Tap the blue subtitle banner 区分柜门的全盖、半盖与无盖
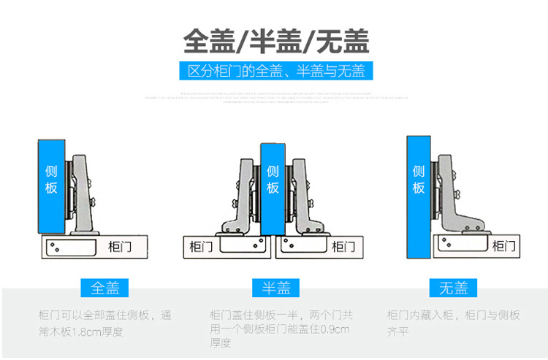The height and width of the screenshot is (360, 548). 276,71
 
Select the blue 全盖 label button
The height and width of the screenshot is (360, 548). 104,288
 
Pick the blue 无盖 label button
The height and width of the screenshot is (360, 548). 453,288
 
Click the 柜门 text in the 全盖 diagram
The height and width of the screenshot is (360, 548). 119,246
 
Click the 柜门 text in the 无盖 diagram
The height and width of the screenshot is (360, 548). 503,245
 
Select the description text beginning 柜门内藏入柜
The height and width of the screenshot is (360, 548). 453,324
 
